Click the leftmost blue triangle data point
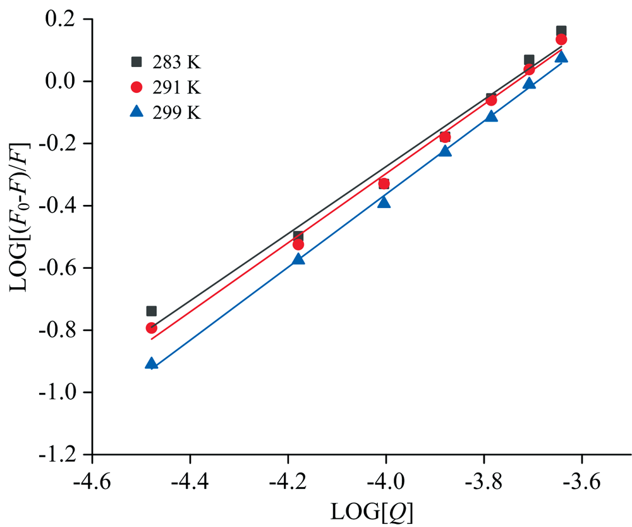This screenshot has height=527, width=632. pos(151,363)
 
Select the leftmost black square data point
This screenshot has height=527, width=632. pos(151,311)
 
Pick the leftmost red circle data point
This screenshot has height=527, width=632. pos(151,328)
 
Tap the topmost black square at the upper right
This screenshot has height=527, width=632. pos(561,31)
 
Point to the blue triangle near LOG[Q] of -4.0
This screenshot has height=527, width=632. pos(384,202)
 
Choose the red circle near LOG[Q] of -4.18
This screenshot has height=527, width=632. pos(298,245)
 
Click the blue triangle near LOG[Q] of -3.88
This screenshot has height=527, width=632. pos(445,151)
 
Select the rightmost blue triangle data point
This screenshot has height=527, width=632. pos(561,57)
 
